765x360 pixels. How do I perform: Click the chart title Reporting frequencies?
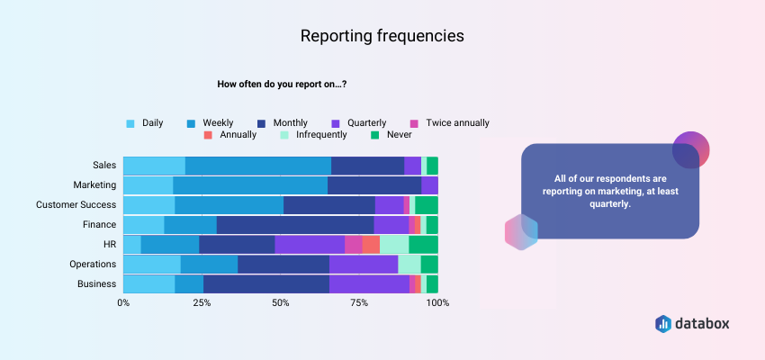pyautogui.click(x=382, y=36)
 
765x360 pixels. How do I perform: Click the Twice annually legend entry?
pyautogui.click(x=449, y=122)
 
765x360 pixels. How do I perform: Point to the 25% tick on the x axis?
pyautogui.click(x=202, y=302)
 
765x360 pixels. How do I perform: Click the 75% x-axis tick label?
pyautogui.click(x=359, y=302)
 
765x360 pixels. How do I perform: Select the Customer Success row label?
pyautogui.click(x=76, y=205)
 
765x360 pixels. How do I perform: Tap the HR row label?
pyautogui.click(x=109, y=244)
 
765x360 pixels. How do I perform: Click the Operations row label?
pyautogui.click(x=93, y=264)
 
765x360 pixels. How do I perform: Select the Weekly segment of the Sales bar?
pyautogui.click(x=257, y=166)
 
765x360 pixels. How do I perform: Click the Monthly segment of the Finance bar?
pyautogui.click(x=294, y=225)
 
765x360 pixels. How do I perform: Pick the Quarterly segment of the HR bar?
pyautogui.click(x=310, y=244)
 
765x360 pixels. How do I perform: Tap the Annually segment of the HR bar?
pyautogui.click(x=371, y=244)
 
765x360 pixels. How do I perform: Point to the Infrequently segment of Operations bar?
pyautogui.click(x=409, y=264)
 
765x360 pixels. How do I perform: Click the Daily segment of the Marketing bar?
pyautogui.click(x=148, y=185)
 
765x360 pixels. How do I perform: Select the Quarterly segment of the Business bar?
pyautogui.click(x=369, y=283)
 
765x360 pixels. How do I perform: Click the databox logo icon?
pyautogui.click(x=663, y=323)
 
